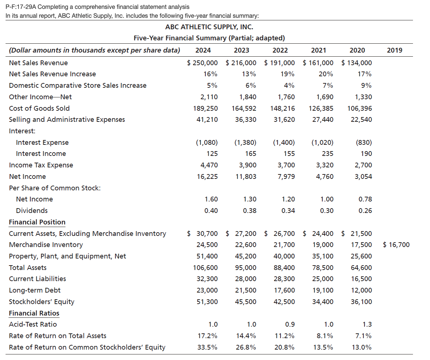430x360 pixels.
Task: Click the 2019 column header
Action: point(394,50)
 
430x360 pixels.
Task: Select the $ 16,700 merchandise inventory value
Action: point(396,244)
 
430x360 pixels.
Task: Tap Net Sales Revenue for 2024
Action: point(202,63)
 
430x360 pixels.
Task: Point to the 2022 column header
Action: point(280,50)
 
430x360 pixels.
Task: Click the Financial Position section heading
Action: point(37,222)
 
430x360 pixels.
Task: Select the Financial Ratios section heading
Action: point(34,313)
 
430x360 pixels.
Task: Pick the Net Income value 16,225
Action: point(208,177)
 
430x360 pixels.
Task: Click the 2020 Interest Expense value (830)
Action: point(363,143)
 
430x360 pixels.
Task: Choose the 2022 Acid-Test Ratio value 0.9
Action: point(290,324)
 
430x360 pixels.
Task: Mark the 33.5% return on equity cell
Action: point(208,347)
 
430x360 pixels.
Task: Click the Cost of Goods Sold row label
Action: point(39,108)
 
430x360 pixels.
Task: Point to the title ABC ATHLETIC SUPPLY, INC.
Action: point(209,27)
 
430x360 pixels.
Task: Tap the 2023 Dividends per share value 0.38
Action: point(250,211)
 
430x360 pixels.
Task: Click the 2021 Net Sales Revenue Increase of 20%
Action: point(326,74)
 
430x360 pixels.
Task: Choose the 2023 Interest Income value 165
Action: point(251,154)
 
